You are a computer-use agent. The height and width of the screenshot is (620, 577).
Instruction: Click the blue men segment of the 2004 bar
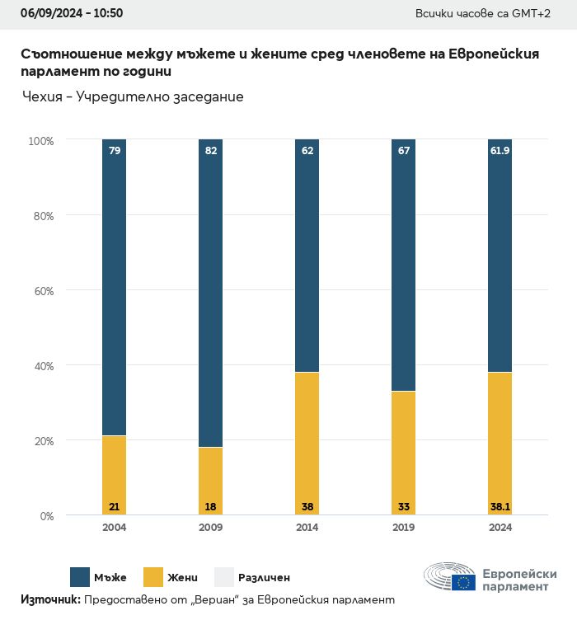click(x=114, y=289)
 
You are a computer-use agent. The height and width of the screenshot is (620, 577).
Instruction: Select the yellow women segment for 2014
click(x=307, y=437)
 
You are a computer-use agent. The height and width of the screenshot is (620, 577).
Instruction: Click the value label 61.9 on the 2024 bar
click(x=500, y=151)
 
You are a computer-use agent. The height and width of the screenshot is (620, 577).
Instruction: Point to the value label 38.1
click(x=500, y=506)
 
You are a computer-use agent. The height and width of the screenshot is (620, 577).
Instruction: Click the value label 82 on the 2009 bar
click(x=210, y=151)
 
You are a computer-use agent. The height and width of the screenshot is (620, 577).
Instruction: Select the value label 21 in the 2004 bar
click(x=114, y=506)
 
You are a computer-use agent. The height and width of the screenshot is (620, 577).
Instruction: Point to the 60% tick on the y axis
click(x=42, y=290)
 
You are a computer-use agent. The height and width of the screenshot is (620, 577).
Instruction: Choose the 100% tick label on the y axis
click(x=40, y=141)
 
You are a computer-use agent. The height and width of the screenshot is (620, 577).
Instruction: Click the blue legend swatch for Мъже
click(x=80, y=577)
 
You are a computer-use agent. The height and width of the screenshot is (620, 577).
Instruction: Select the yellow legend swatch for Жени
click(x=154, y=577)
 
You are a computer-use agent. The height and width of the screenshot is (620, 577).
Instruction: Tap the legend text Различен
click(x=264, y=578)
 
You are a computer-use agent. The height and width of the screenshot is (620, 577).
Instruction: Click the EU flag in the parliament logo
click(x=463, y=583)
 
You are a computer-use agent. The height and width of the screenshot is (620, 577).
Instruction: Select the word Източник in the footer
click(x=49, y=600)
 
